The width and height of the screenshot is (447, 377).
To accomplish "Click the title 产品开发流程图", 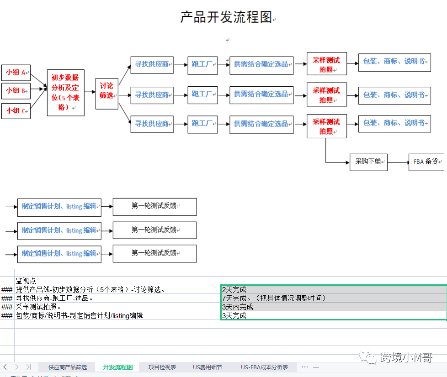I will [226, 17].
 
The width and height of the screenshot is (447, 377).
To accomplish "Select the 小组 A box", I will [16, 73].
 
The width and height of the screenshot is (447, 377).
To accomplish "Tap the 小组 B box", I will [16, 91].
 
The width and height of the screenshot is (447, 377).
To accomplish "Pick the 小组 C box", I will [16, 111].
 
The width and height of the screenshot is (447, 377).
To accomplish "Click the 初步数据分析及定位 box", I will [65, 93].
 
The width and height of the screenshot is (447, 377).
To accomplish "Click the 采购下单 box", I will [368, 162].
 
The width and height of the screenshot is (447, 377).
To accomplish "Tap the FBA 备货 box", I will [426, 162].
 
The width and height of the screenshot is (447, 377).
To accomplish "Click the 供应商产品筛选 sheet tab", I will [68, 367].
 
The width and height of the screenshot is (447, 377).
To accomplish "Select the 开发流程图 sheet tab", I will [118, 367].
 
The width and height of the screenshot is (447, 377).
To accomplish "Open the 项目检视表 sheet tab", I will [162, 367].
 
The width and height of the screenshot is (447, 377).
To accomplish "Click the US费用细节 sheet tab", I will [208, 367].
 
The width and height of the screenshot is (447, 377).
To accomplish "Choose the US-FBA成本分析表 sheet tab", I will [265, 367].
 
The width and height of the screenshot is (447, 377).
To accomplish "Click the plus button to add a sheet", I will [316, 367].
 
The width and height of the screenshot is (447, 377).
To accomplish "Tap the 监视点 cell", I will [26, 281].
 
